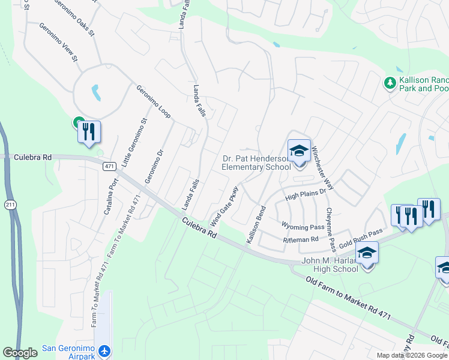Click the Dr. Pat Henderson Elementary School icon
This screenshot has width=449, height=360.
(299, 151)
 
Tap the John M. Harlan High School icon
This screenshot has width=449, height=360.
(367, 253)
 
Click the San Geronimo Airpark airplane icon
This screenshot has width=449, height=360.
(105, 350)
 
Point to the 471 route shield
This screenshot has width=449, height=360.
(109, 166)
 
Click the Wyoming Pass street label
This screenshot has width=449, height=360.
(303, 227)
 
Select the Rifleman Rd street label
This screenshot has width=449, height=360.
(301, 240)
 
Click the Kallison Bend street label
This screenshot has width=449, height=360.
(256, 224)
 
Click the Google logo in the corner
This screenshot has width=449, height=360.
(20, 353)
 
